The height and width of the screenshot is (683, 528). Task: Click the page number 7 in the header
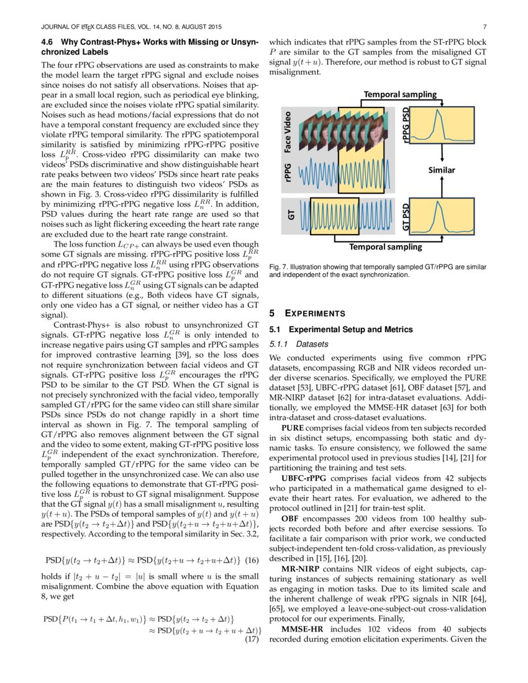(483, 27)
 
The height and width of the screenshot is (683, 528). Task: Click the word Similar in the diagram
(442, 170)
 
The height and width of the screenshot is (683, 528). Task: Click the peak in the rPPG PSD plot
(439, 113)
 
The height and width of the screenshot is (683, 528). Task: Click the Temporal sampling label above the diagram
(400, 94)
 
